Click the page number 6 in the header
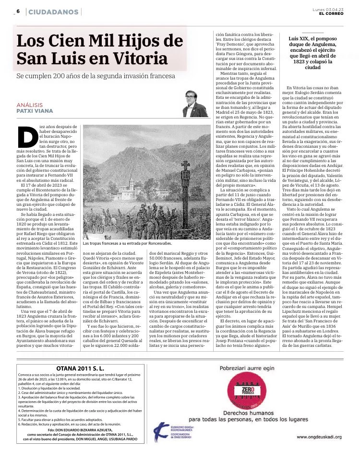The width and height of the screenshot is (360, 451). click(x=18, y=11)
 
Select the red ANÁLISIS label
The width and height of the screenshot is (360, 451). click(x=29, y=105)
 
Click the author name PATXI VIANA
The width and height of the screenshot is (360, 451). click(x=35, y=111)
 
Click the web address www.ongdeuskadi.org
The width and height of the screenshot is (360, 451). click(x=319, y=437)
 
